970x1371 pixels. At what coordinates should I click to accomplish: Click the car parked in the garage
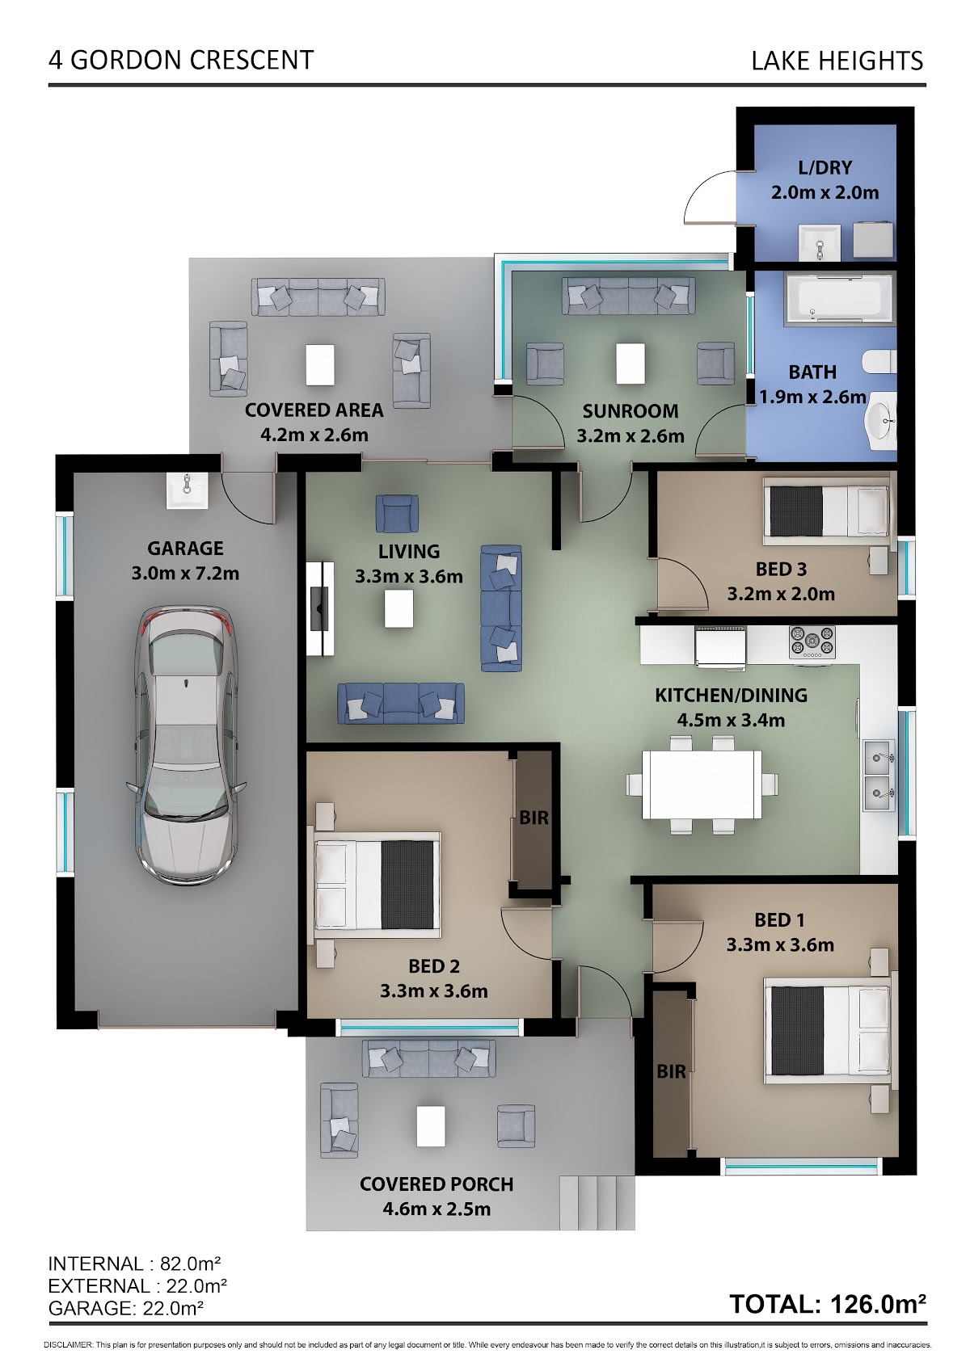pos(186,744)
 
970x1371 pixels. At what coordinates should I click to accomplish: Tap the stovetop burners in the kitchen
pos(812,642)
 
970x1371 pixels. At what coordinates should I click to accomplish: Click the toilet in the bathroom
pos(879,362)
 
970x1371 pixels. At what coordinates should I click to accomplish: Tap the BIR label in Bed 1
pos(672,1071)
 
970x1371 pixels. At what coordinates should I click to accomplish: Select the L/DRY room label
pos(824,168)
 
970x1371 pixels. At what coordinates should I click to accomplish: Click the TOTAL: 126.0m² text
pos(827,1304)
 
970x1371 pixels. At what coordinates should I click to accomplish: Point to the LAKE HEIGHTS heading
pos(837,61)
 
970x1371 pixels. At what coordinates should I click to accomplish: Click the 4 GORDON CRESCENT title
pos(181,61)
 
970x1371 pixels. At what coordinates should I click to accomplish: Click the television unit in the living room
pos(320,608)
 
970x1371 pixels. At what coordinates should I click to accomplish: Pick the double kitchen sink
pos(879,776)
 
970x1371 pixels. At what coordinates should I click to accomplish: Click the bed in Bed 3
pos(826,511)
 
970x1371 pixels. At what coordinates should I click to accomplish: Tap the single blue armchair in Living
pos(397,513)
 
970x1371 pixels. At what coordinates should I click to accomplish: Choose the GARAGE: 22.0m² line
pos(126,1308)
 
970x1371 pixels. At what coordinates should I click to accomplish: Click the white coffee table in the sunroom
pos(630,364)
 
